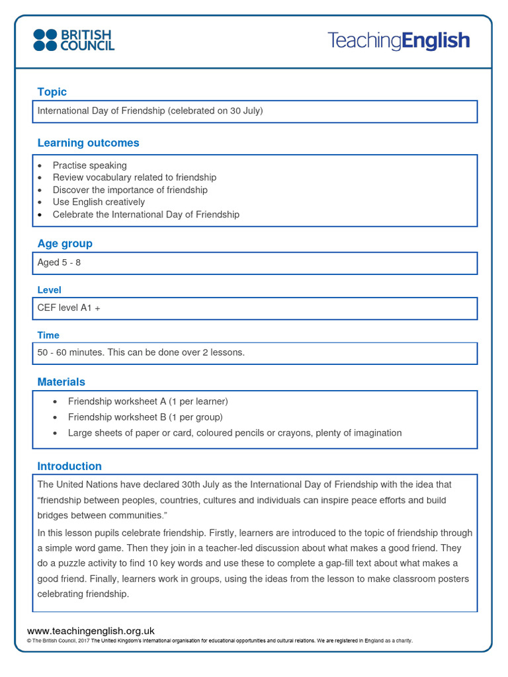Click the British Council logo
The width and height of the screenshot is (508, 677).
tap(74, 40)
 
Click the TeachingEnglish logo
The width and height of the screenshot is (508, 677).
tap(399, 41)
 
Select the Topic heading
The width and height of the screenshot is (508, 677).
tap(52, 92)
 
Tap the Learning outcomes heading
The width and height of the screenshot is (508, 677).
tap(88, 143)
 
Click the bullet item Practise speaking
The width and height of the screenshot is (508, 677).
tap(89, 165)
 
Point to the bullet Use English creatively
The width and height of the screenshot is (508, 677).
tap(99, 202)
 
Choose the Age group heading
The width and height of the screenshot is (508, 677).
tap(65, 243)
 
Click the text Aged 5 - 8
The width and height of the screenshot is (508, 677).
tap(59, 262)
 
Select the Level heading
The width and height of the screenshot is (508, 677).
tap(50, 290)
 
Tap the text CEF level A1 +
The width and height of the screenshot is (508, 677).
tap(69, 308)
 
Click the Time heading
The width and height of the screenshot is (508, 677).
tap(48, 335)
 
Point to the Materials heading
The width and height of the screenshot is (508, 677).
tap(61, 382)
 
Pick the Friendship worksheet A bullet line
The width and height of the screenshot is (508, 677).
tap(148, 401)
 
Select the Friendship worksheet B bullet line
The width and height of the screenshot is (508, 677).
tap(145, 417)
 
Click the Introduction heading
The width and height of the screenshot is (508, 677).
tap(69, 466)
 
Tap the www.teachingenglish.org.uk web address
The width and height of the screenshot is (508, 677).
tap(91, 631)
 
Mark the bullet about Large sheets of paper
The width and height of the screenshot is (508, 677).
tap(234, 433)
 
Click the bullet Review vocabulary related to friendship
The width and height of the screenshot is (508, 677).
tap(134, 178)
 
